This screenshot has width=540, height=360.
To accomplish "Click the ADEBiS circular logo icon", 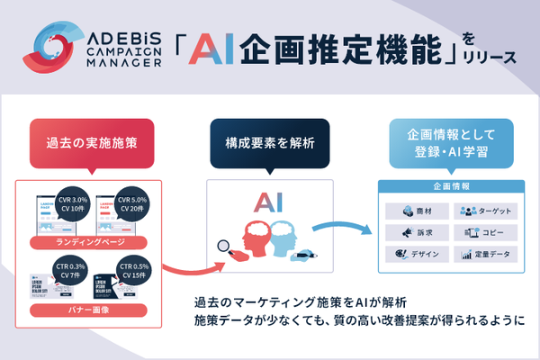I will (57, 48).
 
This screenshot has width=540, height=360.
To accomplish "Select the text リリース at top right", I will (492, 58).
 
